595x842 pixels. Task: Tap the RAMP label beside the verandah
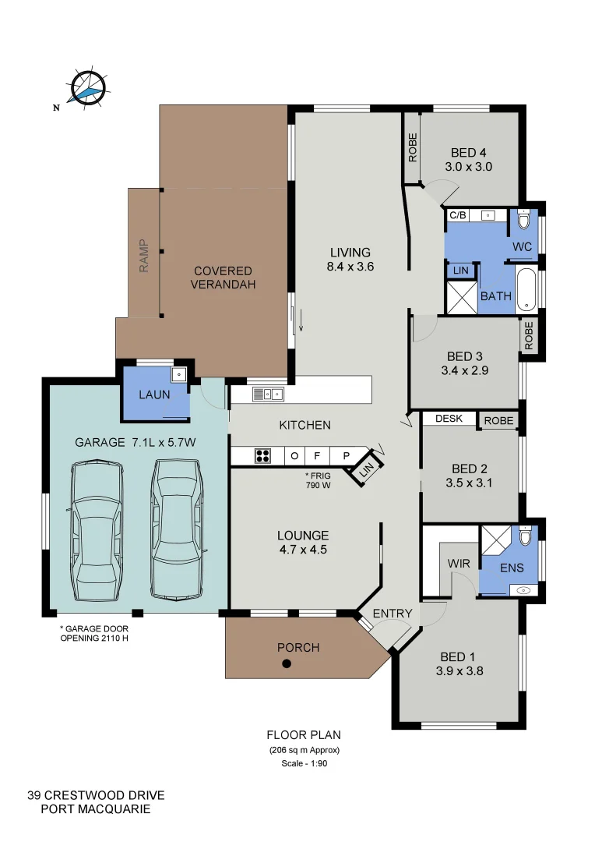click(x=144, y=255)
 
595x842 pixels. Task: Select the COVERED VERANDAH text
click(x=224, y=278)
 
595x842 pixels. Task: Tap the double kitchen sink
click(x=267, y=394)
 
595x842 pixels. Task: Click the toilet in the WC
click(x=523, y=221)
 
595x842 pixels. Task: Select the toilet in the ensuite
click(x=524, y=537)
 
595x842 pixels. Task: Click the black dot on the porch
click(x=287, y=664)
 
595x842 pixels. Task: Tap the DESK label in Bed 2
click(x=449, y=419)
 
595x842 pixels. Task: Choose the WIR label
click(x=457, y=563)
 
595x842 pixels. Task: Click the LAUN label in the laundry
click(x=154, y=394)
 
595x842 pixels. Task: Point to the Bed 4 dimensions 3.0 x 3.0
click(x=468, y=166)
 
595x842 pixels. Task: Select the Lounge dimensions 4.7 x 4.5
click(x=303, y=549)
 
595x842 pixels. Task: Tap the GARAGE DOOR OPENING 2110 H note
click(x=94, y=633)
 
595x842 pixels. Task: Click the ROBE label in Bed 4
click(x=412, y=148)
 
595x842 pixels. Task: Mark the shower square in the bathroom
click(x=459, y=298)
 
